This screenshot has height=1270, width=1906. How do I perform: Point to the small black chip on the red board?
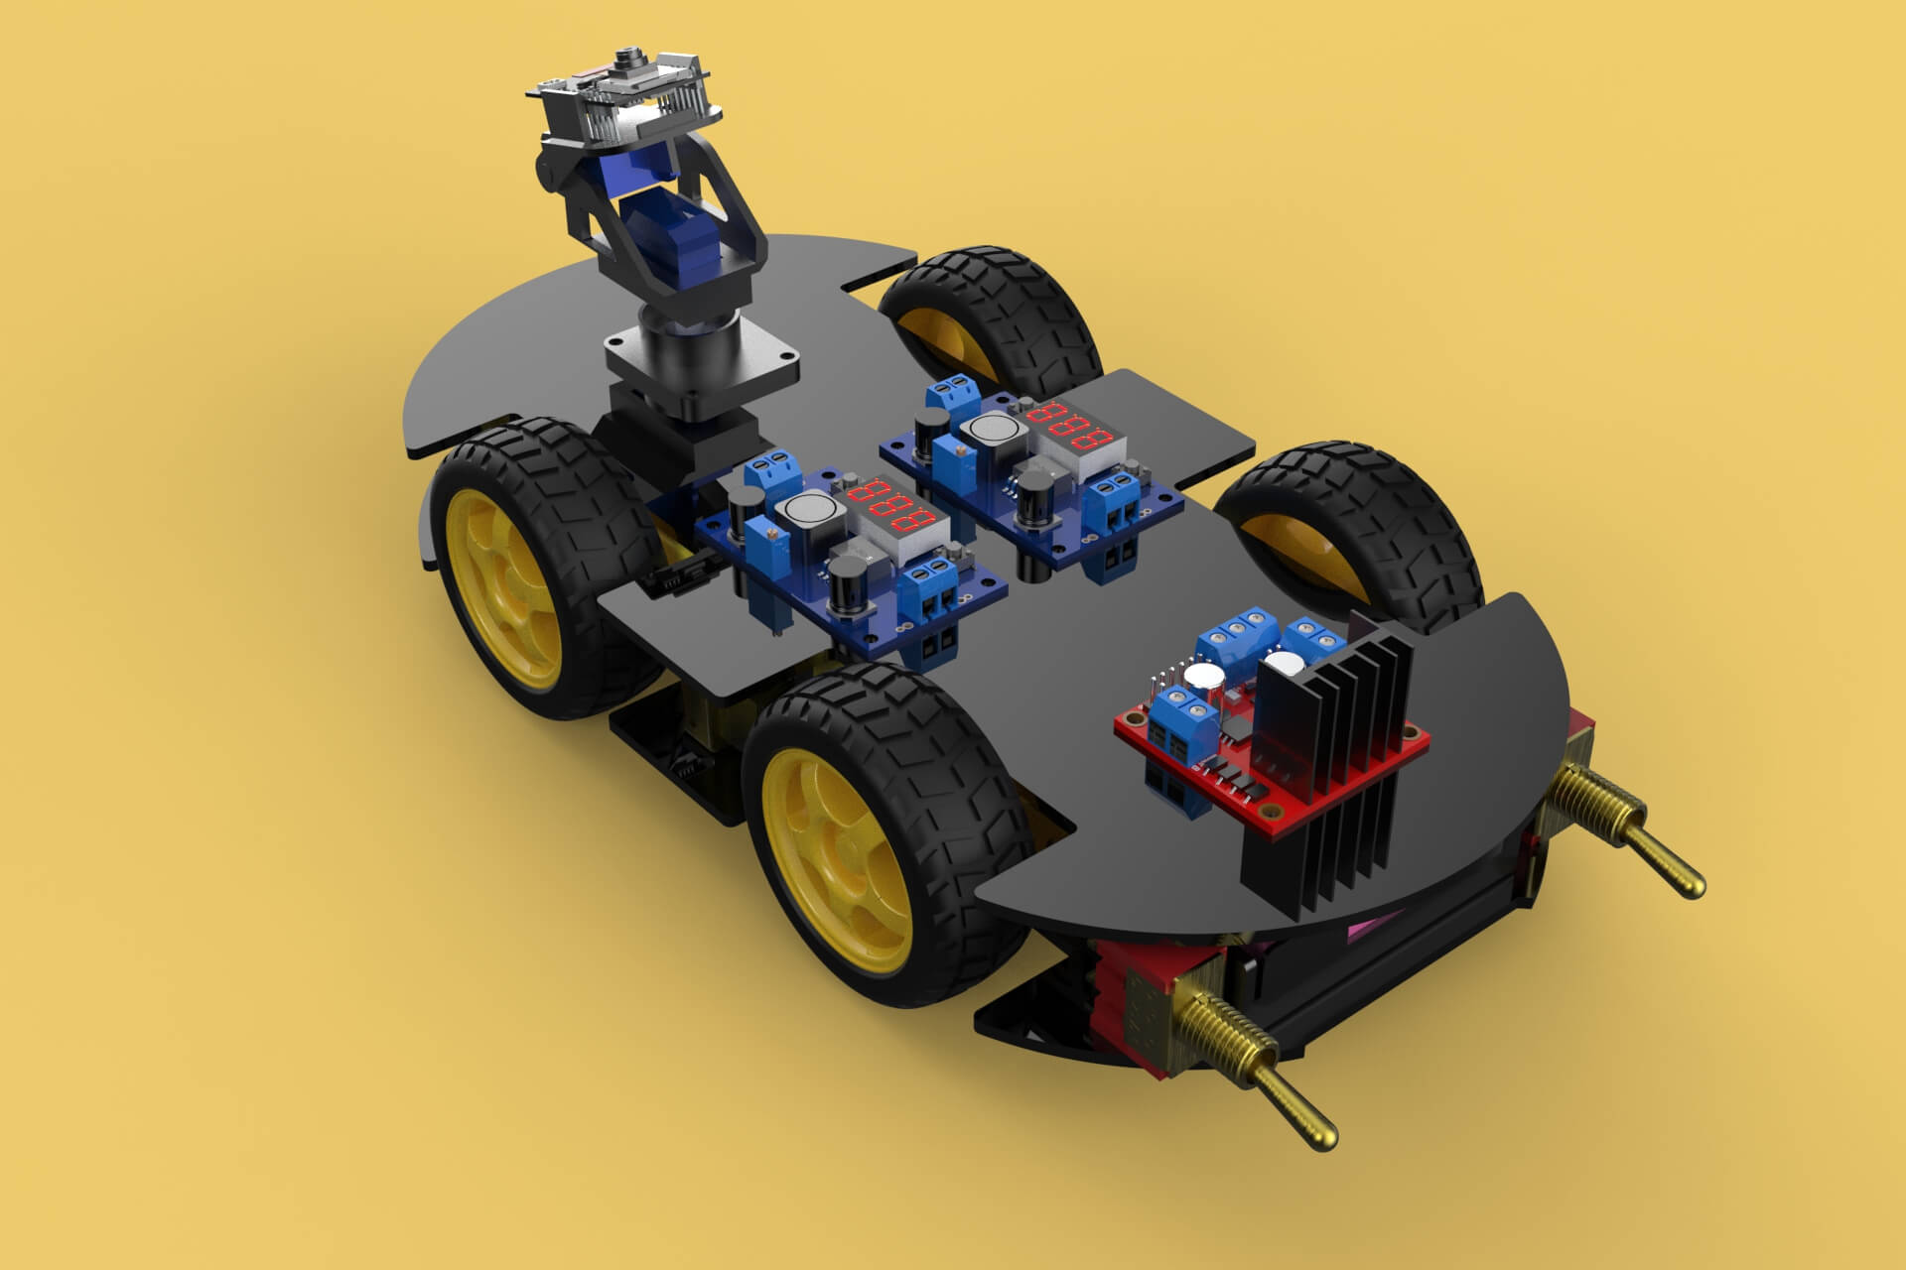pos(1240,729)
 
